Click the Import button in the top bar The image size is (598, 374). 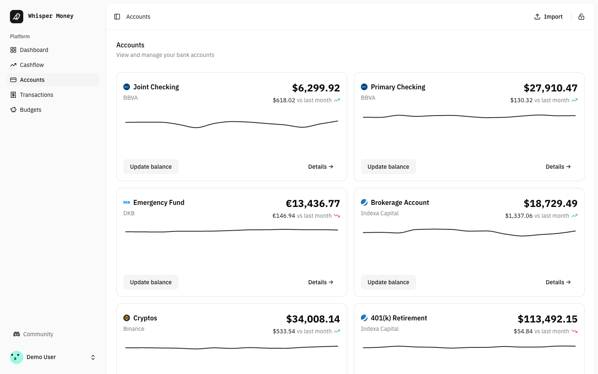[548, 17]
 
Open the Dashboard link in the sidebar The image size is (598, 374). [34, 50]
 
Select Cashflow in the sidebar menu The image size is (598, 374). [32, 65]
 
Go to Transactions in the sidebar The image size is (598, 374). [37, 95]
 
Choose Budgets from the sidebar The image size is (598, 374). [31, 110]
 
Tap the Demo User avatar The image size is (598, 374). [17, 357]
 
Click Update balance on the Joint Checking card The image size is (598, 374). [151, 167]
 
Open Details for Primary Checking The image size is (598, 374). [558, 167]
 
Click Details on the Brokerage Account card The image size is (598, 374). [558, 282]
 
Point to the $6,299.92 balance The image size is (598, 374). [316, 88]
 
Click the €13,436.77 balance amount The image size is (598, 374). [313, 204]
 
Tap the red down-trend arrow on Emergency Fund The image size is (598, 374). [337, 216]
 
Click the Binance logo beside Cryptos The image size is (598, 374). [127, 318]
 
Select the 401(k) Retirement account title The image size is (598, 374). [399, 318]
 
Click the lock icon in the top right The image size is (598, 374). [581, 17]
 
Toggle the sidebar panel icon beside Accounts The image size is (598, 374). [117, 17]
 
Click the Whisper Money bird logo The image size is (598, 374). [17, 17]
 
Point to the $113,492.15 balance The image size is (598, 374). [547, 319]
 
